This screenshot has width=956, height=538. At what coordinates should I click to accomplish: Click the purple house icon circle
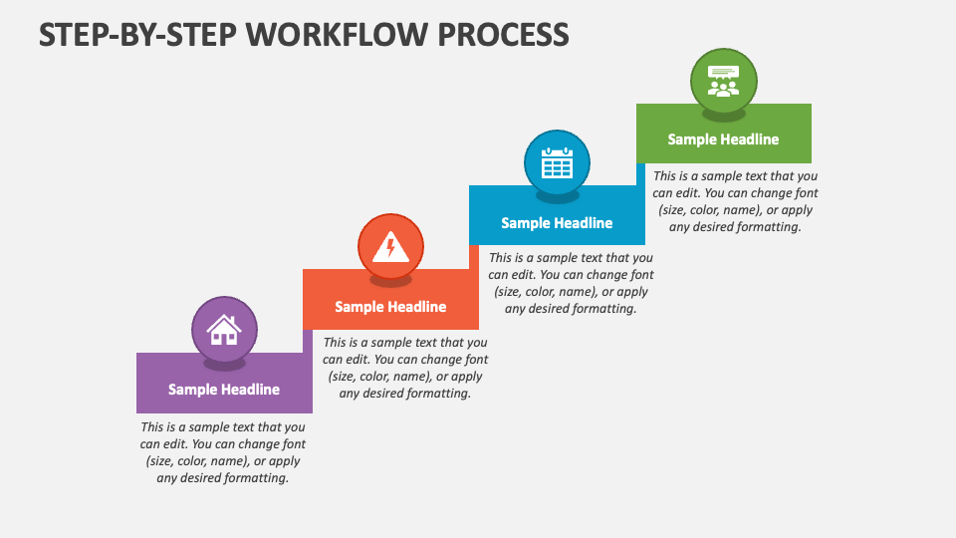(x=224, y=329)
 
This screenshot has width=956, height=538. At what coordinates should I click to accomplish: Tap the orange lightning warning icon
(x=390, y=246)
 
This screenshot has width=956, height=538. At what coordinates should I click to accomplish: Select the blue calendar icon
(x=557, y=162)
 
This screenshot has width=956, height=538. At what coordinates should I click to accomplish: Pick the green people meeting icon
(x=723, y=80)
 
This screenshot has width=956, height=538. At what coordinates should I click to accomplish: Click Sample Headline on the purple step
(x=224, y=390)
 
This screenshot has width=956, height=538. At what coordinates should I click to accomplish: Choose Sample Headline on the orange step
(x=390, y=307)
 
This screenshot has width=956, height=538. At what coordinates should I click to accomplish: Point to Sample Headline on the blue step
(x=557, y=223)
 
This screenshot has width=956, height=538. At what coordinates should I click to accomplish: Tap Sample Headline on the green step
(x=723, y=139)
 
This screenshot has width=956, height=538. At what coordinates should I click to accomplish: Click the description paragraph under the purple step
(x=223, y=452)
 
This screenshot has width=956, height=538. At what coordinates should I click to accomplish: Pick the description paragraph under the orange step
(x=405, y=368)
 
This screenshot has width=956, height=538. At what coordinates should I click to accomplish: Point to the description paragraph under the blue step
(x=571, y=283)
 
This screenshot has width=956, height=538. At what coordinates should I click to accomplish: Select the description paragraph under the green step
(x=736, y=201)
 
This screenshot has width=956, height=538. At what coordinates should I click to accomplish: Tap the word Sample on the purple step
(x=192, y=390)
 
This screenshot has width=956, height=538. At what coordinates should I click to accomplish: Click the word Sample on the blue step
(x=525, y=223)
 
